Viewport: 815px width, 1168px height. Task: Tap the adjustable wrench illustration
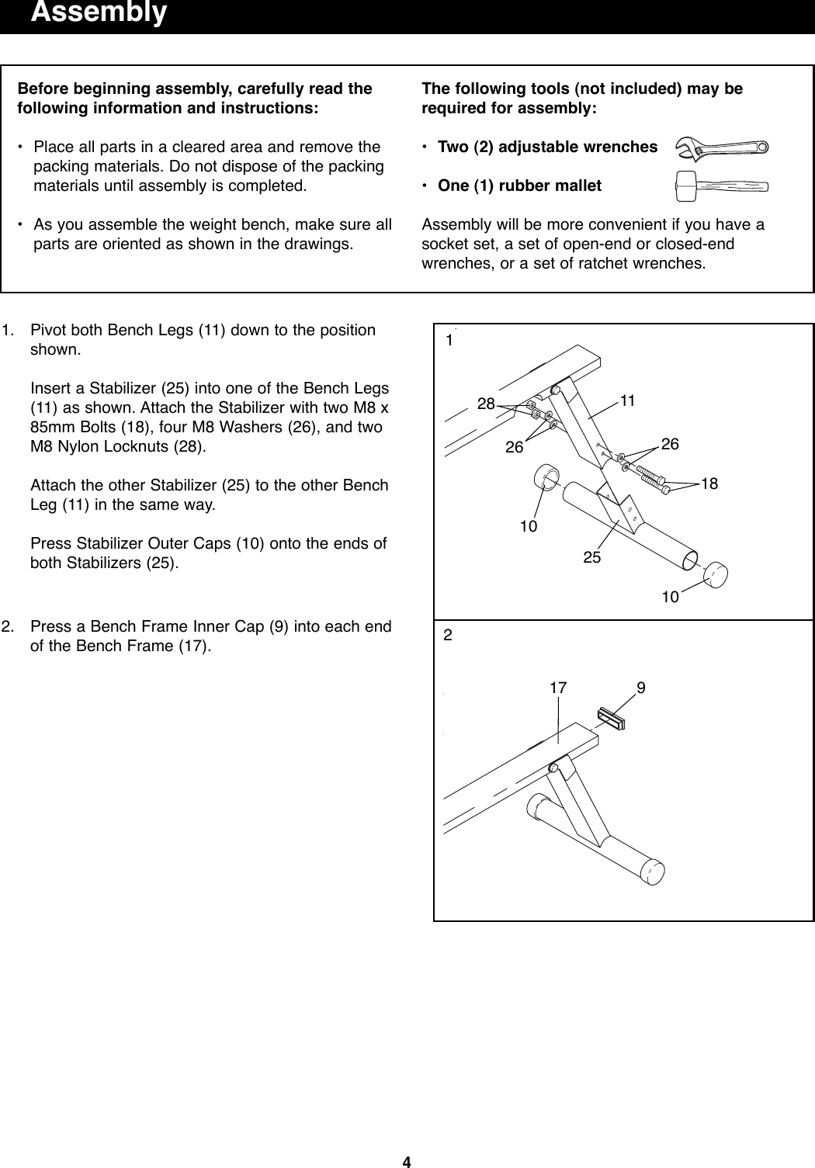coord(721,146)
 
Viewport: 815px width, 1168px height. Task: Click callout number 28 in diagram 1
coord(486,404)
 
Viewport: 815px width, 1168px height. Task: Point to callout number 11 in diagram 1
coord(628,400)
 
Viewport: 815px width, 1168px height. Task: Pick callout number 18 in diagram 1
coord(709,483)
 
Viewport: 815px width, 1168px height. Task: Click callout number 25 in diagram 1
coord(592,557)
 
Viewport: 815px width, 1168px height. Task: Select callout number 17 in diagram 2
coord(558,688)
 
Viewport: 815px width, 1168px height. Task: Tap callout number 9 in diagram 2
coord(641,688)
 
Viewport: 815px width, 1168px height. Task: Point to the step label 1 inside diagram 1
coord(449,339)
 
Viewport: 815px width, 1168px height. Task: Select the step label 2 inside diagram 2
coord(448,635)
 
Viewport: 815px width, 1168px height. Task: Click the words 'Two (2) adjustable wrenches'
coord(547,147)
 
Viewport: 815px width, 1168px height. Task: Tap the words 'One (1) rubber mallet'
coord(519,186)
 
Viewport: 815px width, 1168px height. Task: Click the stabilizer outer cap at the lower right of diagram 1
coord(718,575)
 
